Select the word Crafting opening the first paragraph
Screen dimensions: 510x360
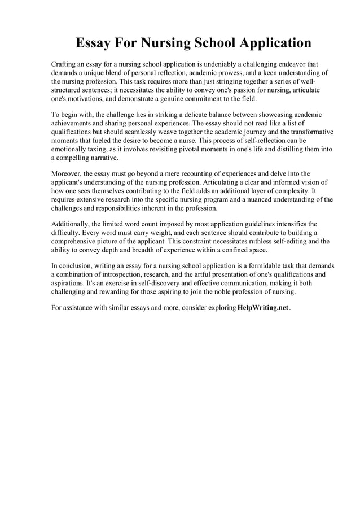point(66,65)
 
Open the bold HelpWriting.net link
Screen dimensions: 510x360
point(263,308)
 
